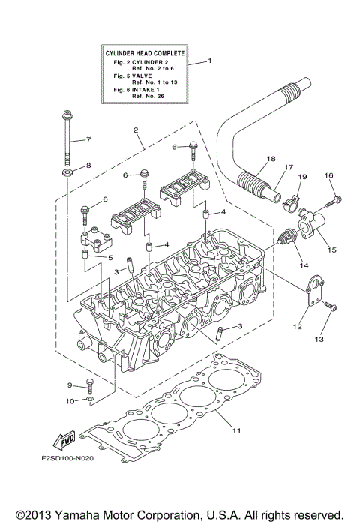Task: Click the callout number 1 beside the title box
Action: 210,61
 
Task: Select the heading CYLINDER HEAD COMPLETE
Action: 145,53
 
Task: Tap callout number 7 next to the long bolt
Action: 88,140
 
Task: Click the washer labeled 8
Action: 67,174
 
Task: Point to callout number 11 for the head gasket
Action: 236,430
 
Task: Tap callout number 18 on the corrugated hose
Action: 271,160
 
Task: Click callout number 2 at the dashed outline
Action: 136,130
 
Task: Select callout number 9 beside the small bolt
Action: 69,385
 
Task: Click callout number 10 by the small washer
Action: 69,401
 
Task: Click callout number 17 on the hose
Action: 288,169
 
